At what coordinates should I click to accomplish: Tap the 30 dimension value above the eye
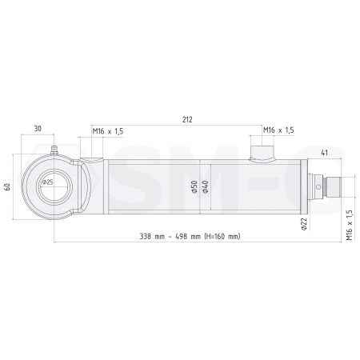pyautogui.click(x=38, y=127)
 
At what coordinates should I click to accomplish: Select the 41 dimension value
pyautogui.click(x=324, y=151)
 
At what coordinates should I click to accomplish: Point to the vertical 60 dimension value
pyautogui.click(x=7, y=187)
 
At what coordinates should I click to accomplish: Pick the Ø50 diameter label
pyautogui.click(x=194, y=188)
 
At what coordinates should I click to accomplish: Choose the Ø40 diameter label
pyautogui.click(x=205, y=188)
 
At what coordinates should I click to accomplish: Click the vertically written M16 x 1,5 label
pyautogui.click(x=349, y=225)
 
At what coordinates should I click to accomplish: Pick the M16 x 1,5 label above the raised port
pyautogui.click(x=278, y=130)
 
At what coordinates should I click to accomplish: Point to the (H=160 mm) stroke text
pyautogui.click(x=222, y=237)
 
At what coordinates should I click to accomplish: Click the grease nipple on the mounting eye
pyautogui.click(x=56, y=149)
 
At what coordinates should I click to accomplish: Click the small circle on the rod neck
pyautogui.click(x=319, y=189)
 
